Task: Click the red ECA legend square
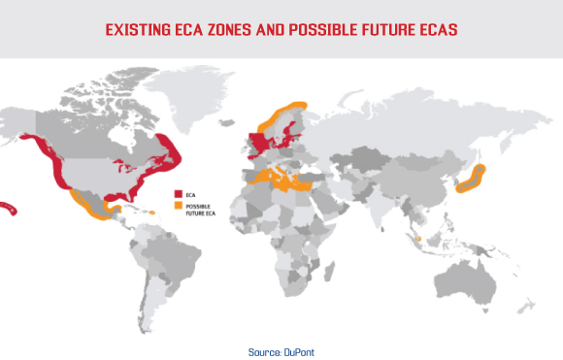pyautogui.click(x=177, y=192)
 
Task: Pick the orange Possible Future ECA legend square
pyautogui.click(x=177, y=205)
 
